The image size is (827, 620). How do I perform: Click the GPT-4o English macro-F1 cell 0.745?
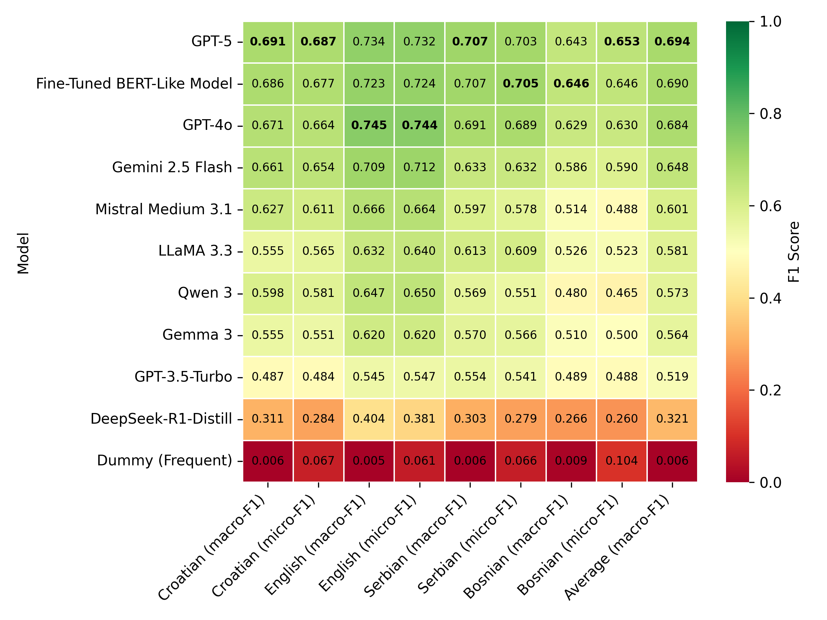coord(369,125)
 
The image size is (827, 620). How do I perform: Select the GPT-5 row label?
coord(211,41)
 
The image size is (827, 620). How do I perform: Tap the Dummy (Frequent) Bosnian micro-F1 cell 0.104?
coord(621,461)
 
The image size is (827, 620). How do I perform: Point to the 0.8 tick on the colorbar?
coord(770,114)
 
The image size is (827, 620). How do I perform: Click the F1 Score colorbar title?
coord(793,251)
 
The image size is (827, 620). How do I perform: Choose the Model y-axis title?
coord(23,253)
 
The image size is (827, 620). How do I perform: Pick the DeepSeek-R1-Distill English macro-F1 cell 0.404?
coord(369,418)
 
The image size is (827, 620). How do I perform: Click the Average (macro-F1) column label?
coord(617,548)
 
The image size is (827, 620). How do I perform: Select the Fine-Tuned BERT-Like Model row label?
coord(134,83)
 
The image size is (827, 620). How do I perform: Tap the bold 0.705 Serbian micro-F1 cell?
coord(520,83)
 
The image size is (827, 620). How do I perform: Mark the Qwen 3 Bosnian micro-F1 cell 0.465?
coord(621,293)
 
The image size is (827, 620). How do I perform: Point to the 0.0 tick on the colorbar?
coord(770,483)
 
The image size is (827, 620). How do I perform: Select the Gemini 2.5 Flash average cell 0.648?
coord(672,167)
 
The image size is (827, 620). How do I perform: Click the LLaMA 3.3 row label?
coord(195,251)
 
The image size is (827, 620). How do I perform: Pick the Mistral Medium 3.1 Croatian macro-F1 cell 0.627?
coord(268,209)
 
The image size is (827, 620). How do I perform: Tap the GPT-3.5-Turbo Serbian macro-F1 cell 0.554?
coord(470,376)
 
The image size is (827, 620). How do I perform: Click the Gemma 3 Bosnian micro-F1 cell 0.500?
coord(621,334)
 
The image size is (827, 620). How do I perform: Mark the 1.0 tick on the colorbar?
coord(770,22)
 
